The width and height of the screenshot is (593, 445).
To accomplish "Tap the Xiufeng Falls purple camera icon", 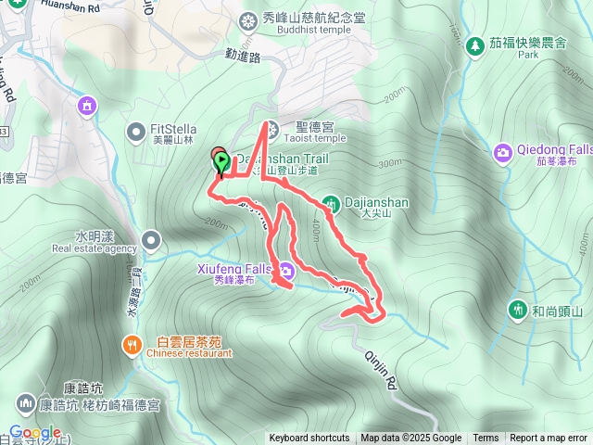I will click(286, 271).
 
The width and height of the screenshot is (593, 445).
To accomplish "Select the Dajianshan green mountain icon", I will click(332, 202).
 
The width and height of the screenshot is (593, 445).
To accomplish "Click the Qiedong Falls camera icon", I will click(502, 151).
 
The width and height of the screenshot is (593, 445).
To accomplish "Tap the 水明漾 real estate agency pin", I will click(151, 242).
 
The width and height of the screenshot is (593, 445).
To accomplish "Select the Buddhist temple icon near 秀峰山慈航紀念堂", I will click(246, 19).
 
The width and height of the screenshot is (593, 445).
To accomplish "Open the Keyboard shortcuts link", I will click(309, 439).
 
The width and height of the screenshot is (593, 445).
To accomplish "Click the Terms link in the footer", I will click(486, 439).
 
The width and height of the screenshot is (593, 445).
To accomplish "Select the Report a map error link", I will click(549, 439).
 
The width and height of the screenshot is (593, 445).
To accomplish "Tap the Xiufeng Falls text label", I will click(233, 267).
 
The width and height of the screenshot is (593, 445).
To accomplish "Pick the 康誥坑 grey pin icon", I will click(25, 402).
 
